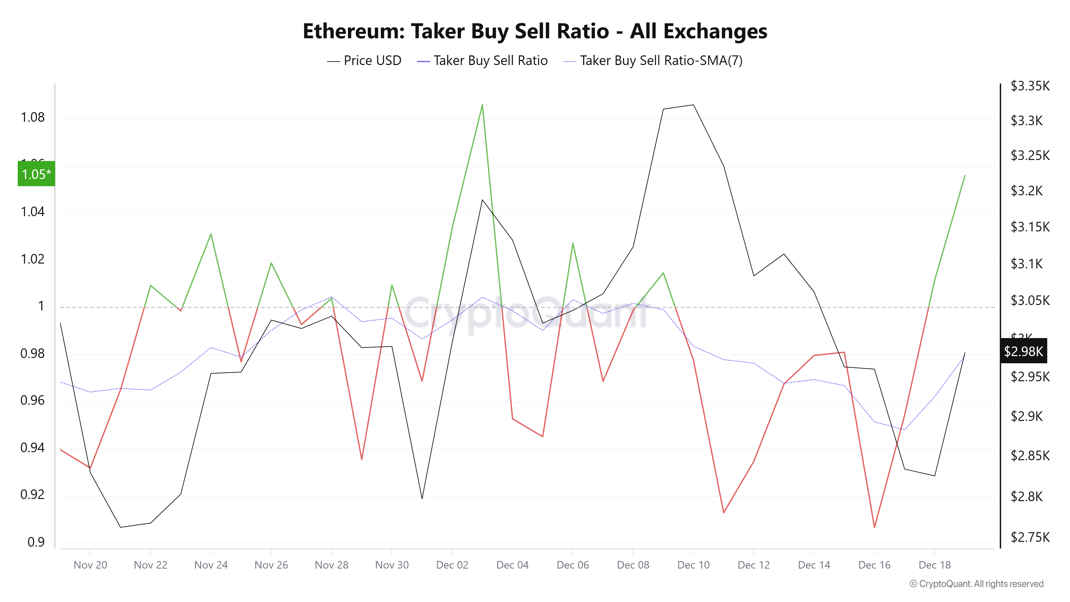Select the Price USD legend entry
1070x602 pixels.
click(364, 61)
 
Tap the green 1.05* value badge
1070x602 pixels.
click(36, 174)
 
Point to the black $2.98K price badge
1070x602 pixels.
click(1023, 351)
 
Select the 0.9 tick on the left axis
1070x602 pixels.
click(36, 542)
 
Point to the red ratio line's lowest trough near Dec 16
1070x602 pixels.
click(874, 527)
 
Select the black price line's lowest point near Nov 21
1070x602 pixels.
click(120, 527)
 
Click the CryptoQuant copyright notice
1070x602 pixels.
click(976, 584)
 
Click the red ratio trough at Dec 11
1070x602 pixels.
click(724, 513)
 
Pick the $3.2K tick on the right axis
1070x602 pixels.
click(1026, 191)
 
